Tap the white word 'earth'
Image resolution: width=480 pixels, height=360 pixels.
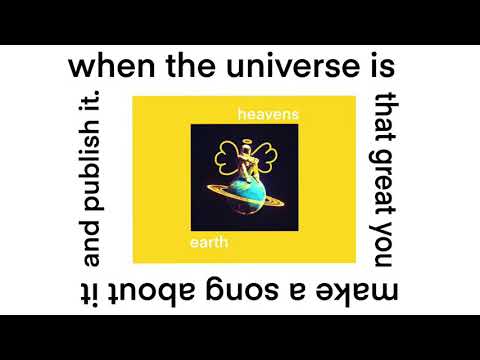pyautogui.click(x=210, y=244)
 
